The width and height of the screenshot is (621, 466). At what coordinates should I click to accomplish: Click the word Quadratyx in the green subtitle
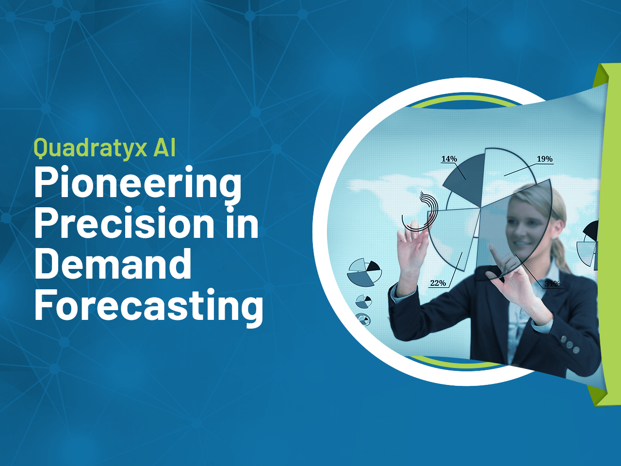(90, 148)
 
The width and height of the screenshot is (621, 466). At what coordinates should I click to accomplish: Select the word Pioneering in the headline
(137, 183)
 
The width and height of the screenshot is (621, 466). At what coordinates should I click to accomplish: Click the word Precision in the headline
(124, 224)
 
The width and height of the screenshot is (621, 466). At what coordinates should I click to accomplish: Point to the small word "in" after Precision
(242, 224)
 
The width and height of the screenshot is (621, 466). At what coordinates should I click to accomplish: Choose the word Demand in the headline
(113, 264)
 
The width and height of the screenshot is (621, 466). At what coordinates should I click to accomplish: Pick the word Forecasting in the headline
(148, 306)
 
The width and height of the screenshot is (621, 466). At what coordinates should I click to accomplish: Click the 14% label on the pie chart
(449, 159)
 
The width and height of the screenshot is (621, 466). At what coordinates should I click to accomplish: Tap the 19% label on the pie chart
(544, 159)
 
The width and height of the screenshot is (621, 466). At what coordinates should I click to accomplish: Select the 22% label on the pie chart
(438, 283)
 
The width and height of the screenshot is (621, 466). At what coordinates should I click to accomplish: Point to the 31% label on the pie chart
(552, 283)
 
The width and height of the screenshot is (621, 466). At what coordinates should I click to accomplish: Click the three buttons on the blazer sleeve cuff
(570, 344)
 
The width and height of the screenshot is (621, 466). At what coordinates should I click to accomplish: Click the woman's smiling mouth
(520, 242)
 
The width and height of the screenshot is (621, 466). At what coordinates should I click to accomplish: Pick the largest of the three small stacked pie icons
(364, 272)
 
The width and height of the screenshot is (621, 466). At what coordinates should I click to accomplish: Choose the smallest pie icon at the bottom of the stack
(362, 319)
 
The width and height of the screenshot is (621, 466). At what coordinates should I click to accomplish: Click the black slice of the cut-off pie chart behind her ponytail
(592, 231)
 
